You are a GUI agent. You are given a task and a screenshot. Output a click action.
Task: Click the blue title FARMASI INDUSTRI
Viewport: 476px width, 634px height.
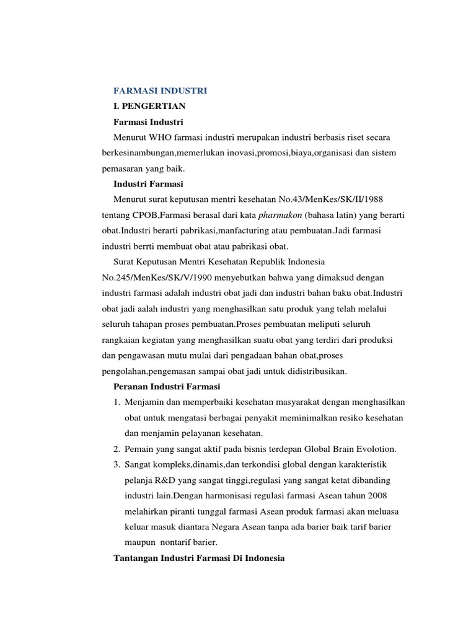pos(161,90)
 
